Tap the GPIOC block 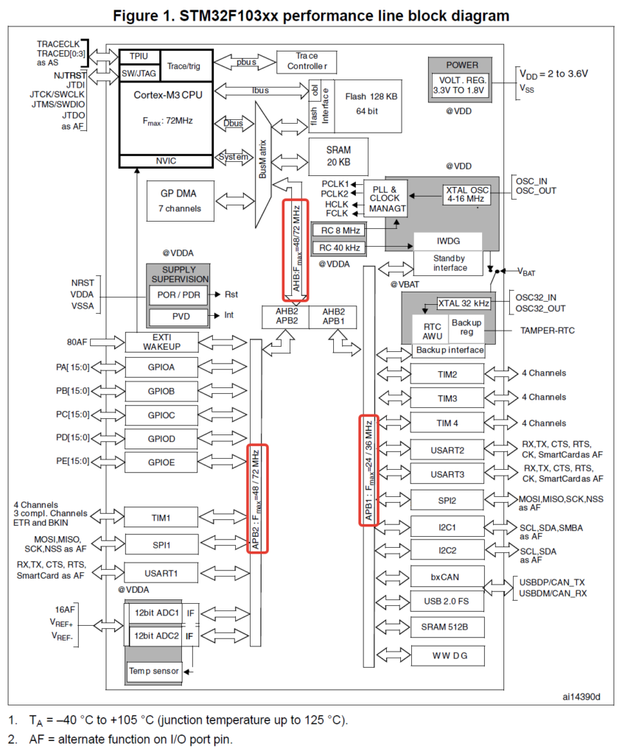(161, 415)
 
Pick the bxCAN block (447, 575)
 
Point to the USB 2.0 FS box (447, 601)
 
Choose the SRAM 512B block (447, 627)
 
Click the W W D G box (447, 655)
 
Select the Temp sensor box (154, 671)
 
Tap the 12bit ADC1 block (156, 613)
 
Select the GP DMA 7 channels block (181, 200)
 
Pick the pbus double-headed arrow (245, 62)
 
